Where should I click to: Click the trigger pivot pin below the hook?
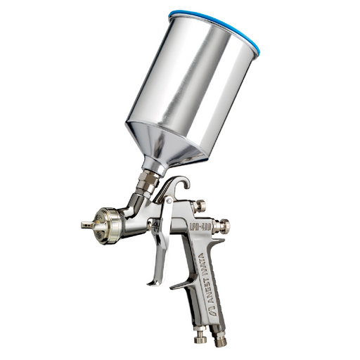168,202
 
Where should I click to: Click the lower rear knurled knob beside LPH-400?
224,226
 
